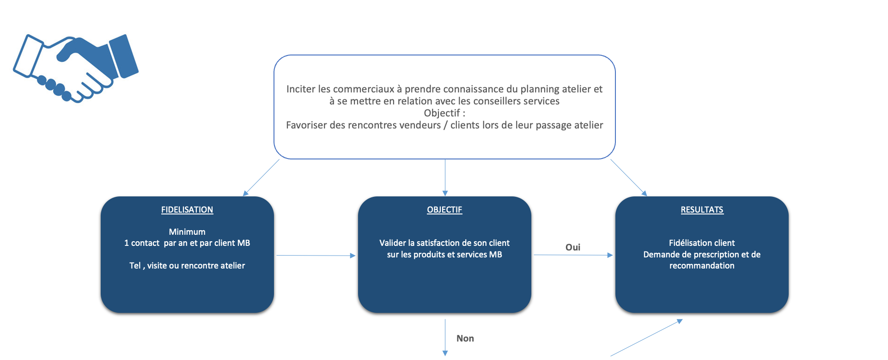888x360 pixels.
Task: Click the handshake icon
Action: [76, 68]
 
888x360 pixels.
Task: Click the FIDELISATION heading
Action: [187, 210]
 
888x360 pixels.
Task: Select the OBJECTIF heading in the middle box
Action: [444, 210]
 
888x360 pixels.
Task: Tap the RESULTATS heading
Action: [702, 210]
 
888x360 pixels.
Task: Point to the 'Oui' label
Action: [573, 247]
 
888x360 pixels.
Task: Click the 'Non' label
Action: [465, 338]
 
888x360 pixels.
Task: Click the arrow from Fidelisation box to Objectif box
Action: [316, 256]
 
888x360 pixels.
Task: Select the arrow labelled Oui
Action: [573, 255]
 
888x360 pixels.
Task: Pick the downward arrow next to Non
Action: [445, 337]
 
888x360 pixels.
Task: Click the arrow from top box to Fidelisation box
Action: [261, 178]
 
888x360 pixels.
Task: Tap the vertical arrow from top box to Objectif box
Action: [445, 178]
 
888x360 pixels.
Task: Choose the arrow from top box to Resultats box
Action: [629, 178]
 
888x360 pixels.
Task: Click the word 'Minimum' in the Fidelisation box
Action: [187, 232]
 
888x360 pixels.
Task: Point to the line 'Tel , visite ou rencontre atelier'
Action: [187, 266]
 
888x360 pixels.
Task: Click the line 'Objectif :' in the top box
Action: [444, 113]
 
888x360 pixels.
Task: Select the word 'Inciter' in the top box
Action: [301, 89]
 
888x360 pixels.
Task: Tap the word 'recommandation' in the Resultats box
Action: [702, 266]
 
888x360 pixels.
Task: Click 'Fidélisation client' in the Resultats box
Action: [702, 243]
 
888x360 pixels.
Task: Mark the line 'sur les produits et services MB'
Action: [444, 255]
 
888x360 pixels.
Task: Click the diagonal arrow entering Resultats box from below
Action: [646, 337]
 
